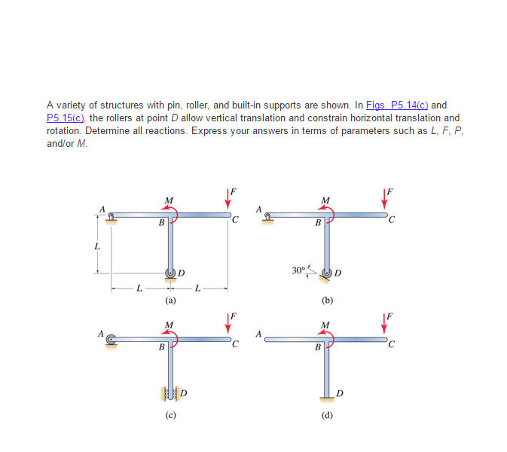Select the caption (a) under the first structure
click(x=171, y=300)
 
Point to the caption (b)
click(x=327, y=300)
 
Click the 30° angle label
click(x=299, y=269)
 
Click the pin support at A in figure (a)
click(x=111, y=219)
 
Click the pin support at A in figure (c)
click(x=111, y=341)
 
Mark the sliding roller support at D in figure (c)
click(x=171, y=392)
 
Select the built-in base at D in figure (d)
click(x=327, y=396)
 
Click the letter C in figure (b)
click(x=389, y=221)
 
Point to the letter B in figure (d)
click(x=317, y=347)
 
